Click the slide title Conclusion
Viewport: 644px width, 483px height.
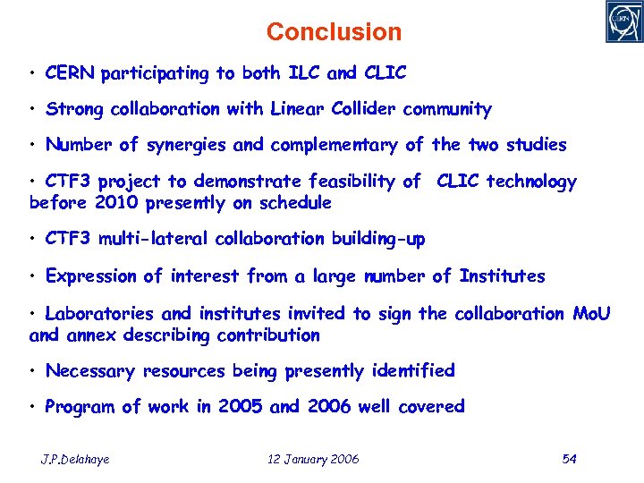coord(334,32)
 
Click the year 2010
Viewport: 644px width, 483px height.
coord(124,203)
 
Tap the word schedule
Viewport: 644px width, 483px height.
coord(294,203)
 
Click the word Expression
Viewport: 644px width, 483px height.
coord(93,276)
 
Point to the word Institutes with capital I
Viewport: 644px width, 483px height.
coord(502,276)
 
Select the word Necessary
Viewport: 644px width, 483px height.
coord(90,370)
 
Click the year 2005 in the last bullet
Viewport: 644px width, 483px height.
coord(240,407)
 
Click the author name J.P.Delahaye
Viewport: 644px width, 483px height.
coord(75,460)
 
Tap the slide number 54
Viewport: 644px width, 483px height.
coord(569,460)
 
